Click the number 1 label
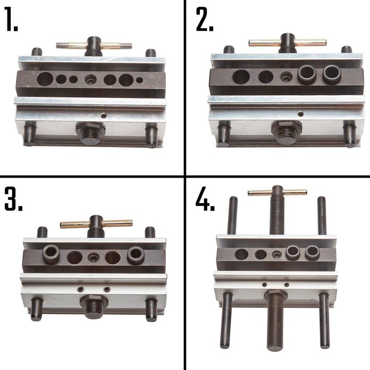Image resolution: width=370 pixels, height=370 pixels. click(x=11, y=19)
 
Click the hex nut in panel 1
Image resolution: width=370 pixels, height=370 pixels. click(x=90, y=128)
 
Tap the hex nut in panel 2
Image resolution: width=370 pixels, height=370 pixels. click(x=287, y=127)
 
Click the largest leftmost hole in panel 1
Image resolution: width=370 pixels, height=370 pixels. click(x=45, y=79)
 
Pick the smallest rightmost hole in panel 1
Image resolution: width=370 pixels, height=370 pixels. click(x=139, y=80)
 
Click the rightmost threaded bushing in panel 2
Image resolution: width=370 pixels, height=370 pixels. click(x=331, y=74)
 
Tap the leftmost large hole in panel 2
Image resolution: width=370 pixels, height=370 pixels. click(x=241, y=77)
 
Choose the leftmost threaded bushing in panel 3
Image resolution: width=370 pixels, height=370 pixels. click(x=51, y=254)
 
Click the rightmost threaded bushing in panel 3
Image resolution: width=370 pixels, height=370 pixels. click(x=136, y=255)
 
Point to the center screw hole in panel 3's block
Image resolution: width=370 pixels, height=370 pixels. click(x=94, y=257)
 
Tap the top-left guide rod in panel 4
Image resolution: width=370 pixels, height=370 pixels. click(x=232, y=215)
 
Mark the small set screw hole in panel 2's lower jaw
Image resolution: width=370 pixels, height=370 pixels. click(x=300, y=114)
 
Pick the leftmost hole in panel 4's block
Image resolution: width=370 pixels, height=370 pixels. click(x=241, y=254)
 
